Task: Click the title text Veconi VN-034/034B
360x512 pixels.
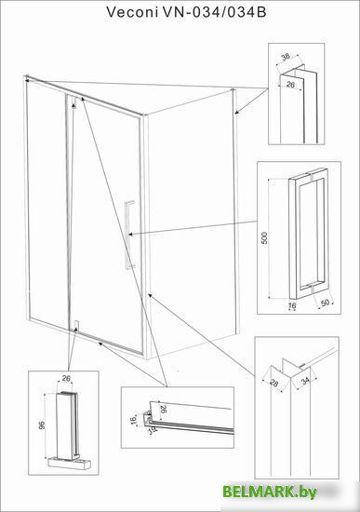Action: pos(186,12)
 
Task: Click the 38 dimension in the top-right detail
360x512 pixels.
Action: pos(286,57)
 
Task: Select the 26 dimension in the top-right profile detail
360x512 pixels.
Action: pos(290,85)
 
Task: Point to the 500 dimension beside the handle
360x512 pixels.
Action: pos(264,238)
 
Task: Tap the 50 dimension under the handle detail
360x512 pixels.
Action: pos(325,303)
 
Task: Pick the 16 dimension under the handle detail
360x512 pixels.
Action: pos(293,305)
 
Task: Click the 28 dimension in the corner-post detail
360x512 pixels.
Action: pos(274,383)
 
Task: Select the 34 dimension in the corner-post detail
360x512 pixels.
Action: pos(305,381)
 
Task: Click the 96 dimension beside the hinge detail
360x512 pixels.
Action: pos(42,425)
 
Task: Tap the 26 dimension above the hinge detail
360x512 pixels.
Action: pos(66,379)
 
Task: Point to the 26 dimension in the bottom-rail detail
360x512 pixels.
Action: pos(164,409)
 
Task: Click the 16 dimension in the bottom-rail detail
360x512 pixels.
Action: pos(133,421)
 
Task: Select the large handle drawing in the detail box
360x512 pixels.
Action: pos(308,234)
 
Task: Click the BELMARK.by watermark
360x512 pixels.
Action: pos(270,492)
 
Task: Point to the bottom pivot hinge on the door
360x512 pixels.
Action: pos(76,327)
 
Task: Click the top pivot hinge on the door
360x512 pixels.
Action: pos(73,101)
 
